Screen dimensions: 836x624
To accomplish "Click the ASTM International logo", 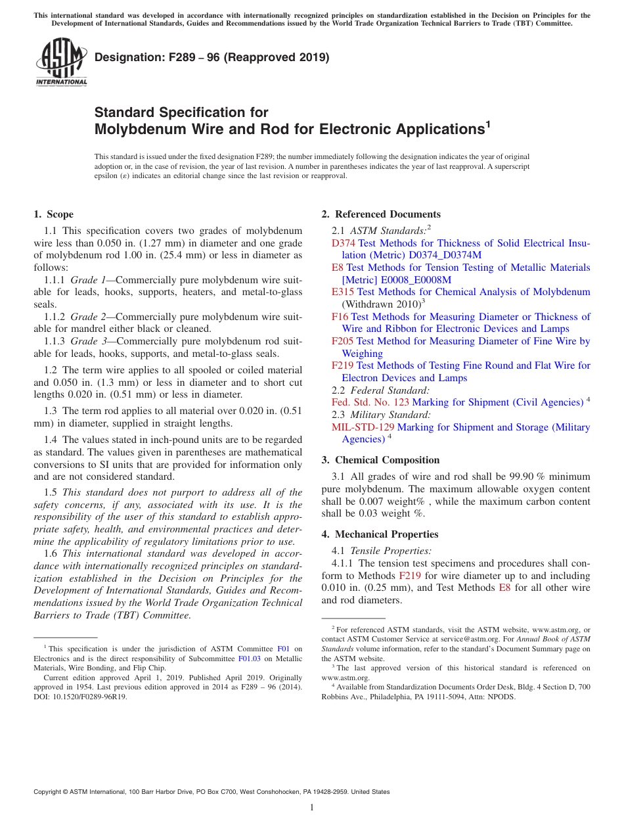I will click(61, 62).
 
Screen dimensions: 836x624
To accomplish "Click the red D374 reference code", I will click(344, 243).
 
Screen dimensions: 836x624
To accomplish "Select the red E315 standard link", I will click(343, 292).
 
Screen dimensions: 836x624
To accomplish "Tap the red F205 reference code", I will click(343, 341).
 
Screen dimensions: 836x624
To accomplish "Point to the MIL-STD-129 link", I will click(363, 427).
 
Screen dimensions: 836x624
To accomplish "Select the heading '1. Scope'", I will click(53, 214).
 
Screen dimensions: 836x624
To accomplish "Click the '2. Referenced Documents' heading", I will click(381, 214).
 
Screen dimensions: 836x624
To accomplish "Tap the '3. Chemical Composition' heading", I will click(380, 460).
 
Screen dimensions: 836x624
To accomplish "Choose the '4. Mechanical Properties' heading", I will click(380, 534).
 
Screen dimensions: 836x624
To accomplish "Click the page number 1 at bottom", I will click(312, 808).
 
